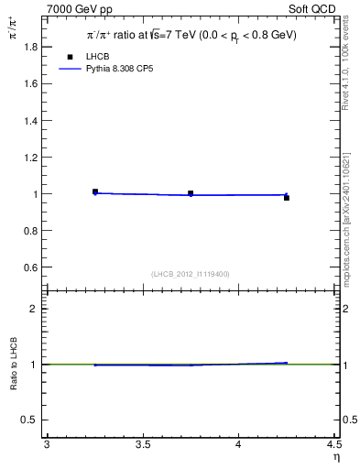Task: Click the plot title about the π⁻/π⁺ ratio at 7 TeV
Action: click(x=191, y=36)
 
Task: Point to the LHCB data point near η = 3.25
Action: click(x=95, y=191)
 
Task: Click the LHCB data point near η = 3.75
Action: click(x=191, y=193)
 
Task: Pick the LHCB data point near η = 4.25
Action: click(x=287, y=198)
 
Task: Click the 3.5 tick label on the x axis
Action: click(x=143, y=446)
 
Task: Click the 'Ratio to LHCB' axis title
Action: click(x=13, y=364)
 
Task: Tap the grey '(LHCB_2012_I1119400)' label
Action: click(x=191, y=274)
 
